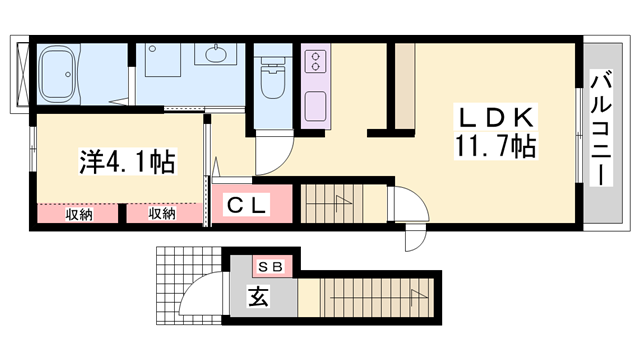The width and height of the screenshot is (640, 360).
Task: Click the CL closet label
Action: coord(244,206)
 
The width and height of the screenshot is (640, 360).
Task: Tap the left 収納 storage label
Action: coord(80,212)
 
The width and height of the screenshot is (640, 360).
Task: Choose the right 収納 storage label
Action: coord(162,212)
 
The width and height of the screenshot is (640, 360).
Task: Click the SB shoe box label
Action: coord(271,267)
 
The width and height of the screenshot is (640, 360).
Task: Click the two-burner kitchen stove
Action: coord(316,62)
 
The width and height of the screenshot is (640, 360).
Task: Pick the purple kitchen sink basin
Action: coord(316,104)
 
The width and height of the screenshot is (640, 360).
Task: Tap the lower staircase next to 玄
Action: coord(370,297)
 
